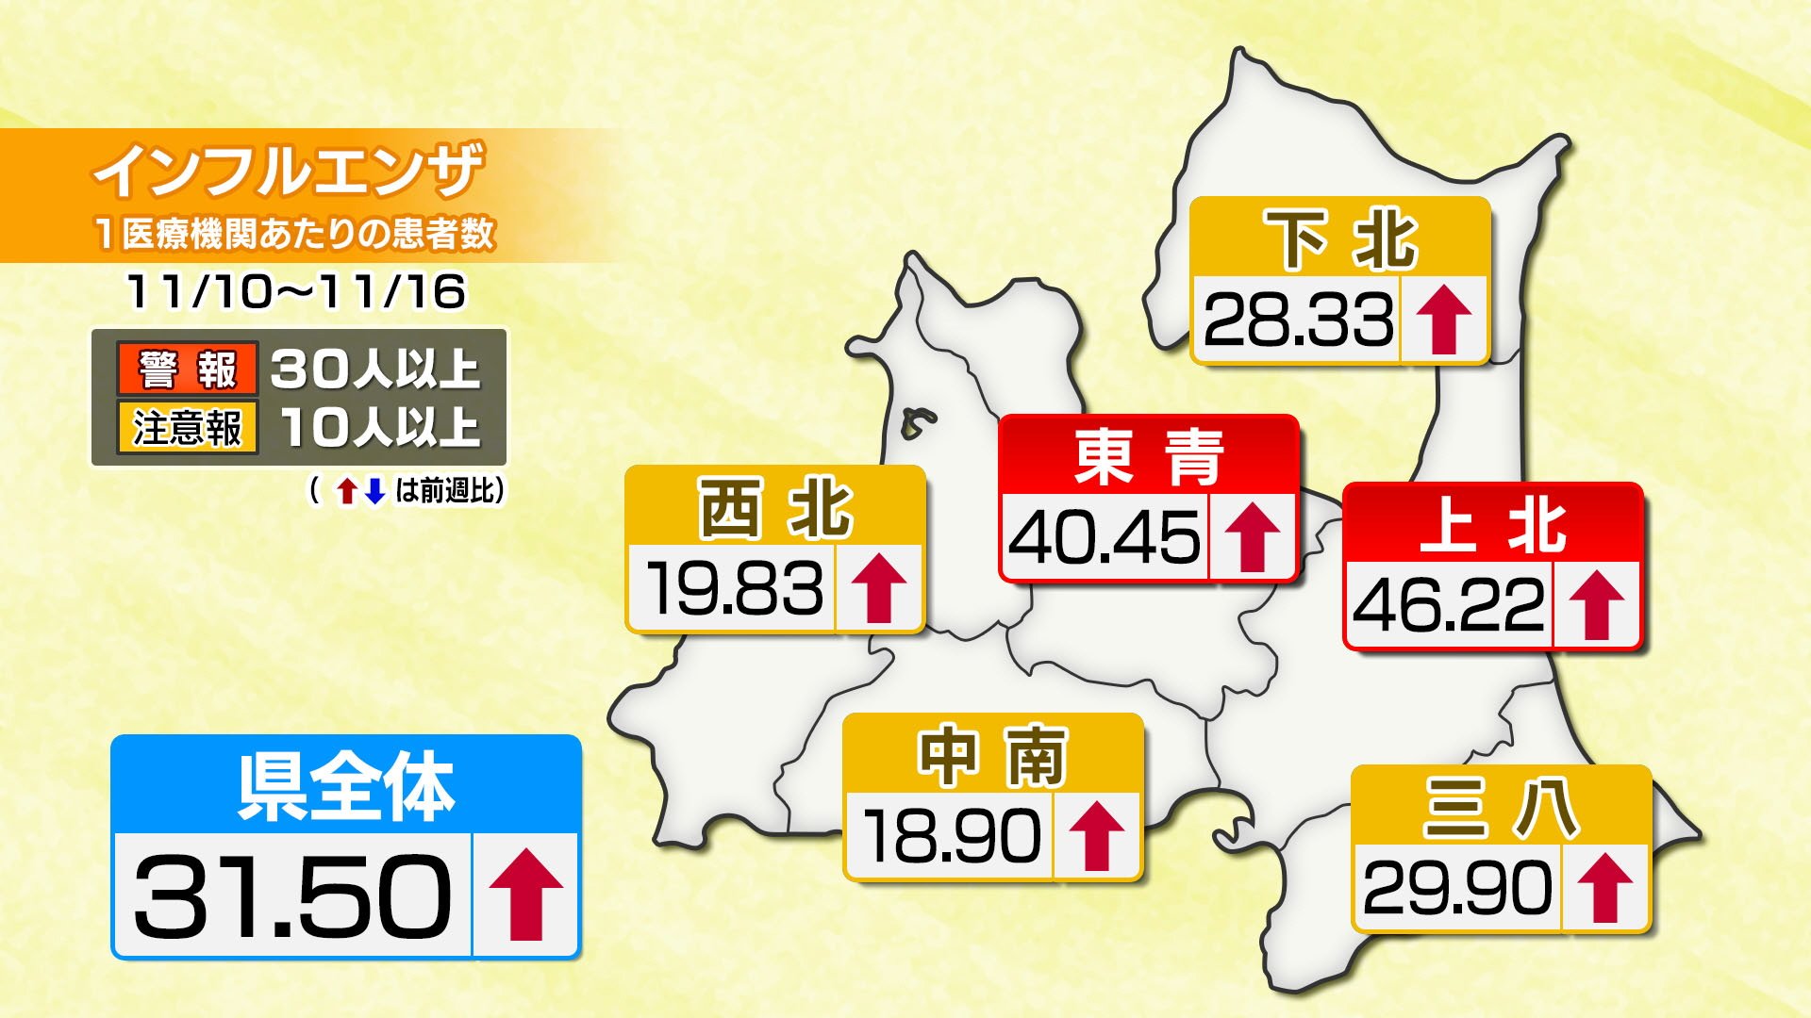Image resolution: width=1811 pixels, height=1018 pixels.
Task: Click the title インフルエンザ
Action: pyautogui.click(x=288, y=171)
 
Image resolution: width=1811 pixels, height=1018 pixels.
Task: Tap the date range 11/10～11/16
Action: pyautogui.click(x=296, y=291)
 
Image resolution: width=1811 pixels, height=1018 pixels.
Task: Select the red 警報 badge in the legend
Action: pyautogui.click(x=188, y=369)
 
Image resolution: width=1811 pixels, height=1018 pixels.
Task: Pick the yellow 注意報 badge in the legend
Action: pyautogui.click(x=188, y=428)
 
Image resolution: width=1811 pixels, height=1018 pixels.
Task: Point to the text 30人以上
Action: pyautogui.click(x=375, y=369)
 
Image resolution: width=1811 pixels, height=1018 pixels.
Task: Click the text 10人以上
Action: pyautogui.click(x=380, y=428)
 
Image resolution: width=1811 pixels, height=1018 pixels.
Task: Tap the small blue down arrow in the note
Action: pyautogui.click(x=375, y=491)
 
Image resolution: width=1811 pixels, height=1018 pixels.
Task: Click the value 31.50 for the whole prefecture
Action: pyautogui.click(x=292, y=895)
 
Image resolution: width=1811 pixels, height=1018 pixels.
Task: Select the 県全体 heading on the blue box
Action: pyautogui.click(x=346, y=786)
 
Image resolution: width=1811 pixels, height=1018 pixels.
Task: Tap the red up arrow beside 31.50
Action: pyautogui.click(x=525, y=895)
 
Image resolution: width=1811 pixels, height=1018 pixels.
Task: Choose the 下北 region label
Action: pyautogui.click(x=1340, y=239)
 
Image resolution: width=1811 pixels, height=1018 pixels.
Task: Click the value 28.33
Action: pyautogui.click(x=1298, y=320)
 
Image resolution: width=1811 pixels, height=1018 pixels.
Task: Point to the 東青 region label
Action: pyautogui.click(x=1149, y=457)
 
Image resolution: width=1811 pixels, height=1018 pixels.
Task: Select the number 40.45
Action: pyautogui.click(x=1105, y=537)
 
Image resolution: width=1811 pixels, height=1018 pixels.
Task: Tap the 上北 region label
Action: pyautogui.click(x=1492, y=525)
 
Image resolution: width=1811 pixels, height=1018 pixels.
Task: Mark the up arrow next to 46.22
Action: pyautogui.click(x=1596, y=605)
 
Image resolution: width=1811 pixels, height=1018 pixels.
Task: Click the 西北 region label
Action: pyautogui.click(x=775, y=509)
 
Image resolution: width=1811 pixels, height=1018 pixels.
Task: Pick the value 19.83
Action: pyautogui.click(x=734, y=589)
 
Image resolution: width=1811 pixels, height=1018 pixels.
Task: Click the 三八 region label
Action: pyautogui.click(x=1501, y=808)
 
